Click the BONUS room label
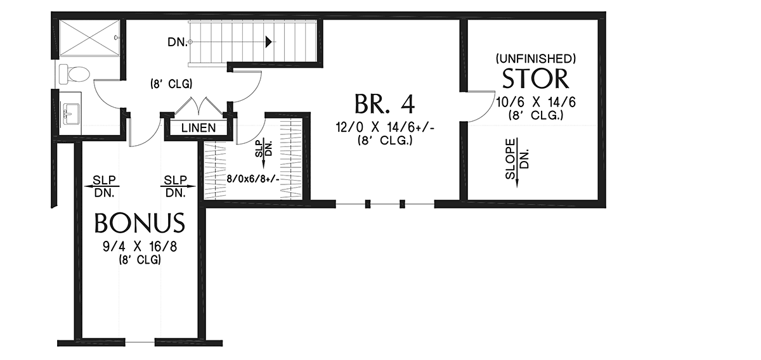click(x=140, y=223)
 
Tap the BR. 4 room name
click(x=384, y=104)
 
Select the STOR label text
click(x=535, y=79)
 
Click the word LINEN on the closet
click(x=198, y=128)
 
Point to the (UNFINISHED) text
click(x=536, y=59)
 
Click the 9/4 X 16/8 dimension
click(x=140, y=247)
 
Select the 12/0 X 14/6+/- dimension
click(x=386, y=127)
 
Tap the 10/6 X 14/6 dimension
click(x=536, y=102)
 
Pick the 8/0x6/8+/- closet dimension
click(x=253, y=179)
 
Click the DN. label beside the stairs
click(x=178, y=42)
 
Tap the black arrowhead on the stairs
click(x=269, y=42)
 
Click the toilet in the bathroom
click(x=74, y=74)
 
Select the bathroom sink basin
click(x=71, y=114)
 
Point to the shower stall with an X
click(x=89, y=37)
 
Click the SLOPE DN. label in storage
click(x=517, y=158)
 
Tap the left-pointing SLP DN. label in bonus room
click(x=104, y=186)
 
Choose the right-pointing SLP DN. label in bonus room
click(x=176, y=186)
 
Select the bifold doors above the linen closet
click(x=198, y=106)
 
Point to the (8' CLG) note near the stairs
click(x=171, y=84)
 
